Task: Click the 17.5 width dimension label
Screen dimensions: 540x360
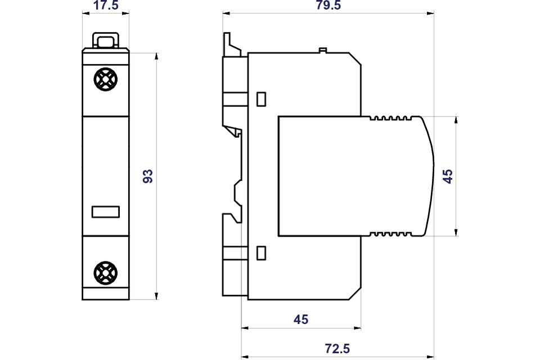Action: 106,5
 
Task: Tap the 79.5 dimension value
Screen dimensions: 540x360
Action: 328,5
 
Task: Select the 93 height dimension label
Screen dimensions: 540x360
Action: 148,176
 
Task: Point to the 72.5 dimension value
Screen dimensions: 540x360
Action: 337,349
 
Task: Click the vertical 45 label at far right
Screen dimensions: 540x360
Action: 448,177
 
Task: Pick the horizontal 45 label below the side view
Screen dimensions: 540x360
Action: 301,319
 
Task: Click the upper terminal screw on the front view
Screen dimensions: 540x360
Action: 105,79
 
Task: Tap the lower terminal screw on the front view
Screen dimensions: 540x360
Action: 105,272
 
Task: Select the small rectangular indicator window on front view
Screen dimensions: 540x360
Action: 106,212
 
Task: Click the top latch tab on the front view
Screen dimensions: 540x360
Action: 106,40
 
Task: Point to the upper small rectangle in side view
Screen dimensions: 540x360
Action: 262,99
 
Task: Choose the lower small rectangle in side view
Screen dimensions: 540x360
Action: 262,253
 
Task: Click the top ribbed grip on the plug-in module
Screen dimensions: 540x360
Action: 390,118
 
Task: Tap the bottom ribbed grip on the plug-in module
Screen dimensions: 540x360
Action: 390,234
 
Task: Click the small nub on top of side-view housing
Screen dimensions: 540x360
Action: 323,50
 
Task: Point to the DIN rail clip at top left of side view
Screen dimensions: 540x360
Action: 232,44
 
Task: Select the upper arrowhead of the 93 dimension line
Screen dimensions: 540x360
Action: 157,56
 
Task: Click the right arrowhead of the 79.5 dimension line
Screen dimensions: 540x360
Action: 430,13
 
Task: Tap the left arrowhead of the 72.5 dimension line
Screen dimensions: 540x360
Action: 245,357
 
